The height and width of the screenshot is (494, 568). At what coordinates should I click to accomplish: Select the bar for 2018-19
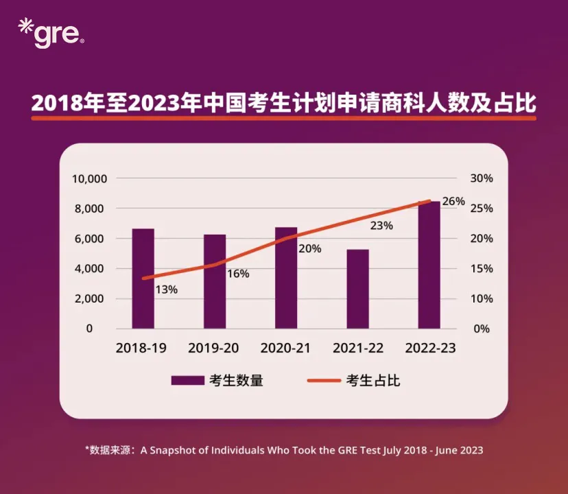143,278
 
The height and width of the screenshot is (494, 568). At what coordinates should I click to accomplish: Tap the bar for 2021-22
357,288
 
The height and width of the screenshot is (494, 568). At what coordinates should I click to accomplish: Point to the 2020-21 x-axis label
285,348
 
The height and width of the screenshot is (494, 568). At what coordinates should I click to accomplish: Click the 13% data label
166,290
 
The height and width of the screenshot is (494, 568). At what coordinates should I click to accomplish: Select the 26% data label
454,202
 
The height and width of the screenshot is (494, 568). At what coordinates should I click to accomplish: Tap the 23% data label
381,226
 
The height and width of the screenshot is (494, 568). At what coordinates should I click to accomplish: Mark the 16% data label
238,274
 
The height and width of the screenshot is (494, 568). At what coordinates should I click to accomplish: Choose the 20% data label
310,249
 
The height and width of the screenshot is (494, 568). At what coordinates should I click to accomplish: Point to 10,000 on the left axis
89,178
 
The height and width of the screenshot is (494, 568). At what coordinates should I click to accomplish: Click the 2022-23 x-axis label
430,348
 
